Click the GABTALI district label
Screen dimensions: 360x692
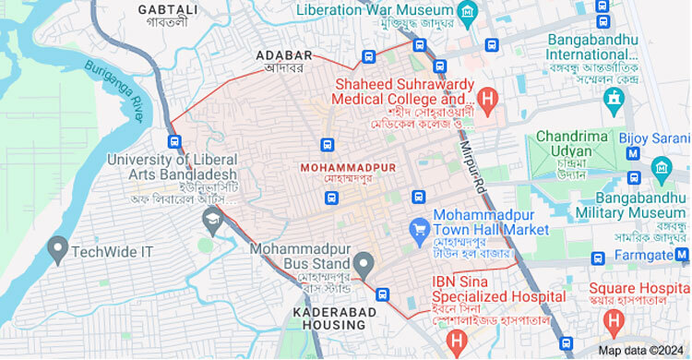(168, 10)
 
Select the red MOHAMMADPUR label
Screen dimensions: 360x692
(348, 167)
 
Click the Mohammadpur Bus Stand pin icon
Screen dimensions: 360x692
(365, 266)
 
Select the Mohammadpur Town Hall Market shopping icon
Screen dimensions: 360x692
(419, 227)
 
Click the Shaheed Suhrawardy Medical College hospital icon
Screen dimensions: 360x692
(488, 96)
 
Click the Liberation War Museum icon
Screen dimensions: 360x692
(469, 11)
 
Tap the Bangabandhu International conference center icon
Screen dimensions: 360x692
(613, 97)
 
